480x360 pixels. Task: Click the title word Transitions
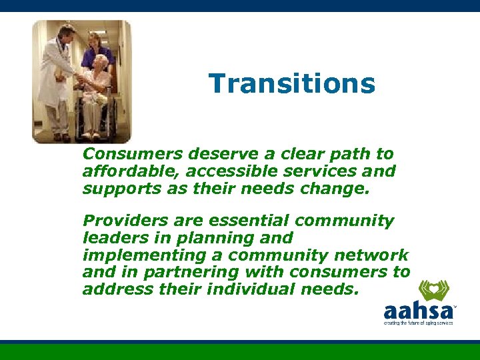click(292, 84)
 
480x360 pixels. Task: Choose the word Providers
click(119, 221)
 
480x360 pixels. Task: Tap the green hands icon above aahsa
click(433, 291)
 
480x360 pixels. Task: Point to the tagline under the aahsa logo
click(418, 323)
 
